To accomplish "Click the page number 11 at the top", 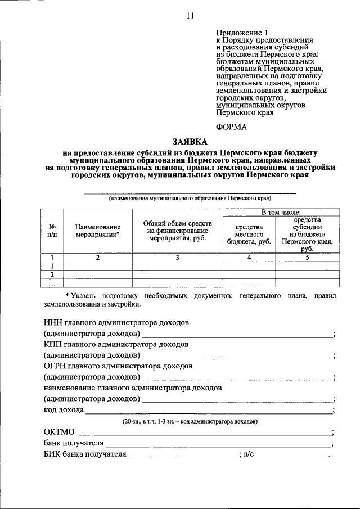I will tap(190, 16).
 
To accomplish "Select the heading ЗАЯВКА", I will tap(190, 141).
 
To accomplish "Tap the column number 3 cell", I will tap(177, 258).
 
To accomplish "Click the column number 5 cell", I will tap(307, 258).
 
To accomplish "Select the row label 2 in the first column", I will tap(52, 274).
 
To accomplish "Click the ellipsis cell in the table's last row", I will tap(52, 283).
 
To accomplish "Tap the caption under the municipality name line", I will tap(190, 198).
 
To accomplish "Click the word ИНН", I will tap(55, 323).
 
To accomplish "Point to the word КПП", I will tap(55, 343).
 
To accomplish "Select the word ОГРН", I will tap(56, 365).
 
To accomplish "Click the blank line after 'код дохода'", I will tap(208, 410).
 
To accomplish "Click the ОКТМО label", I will tap(58, 432).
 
